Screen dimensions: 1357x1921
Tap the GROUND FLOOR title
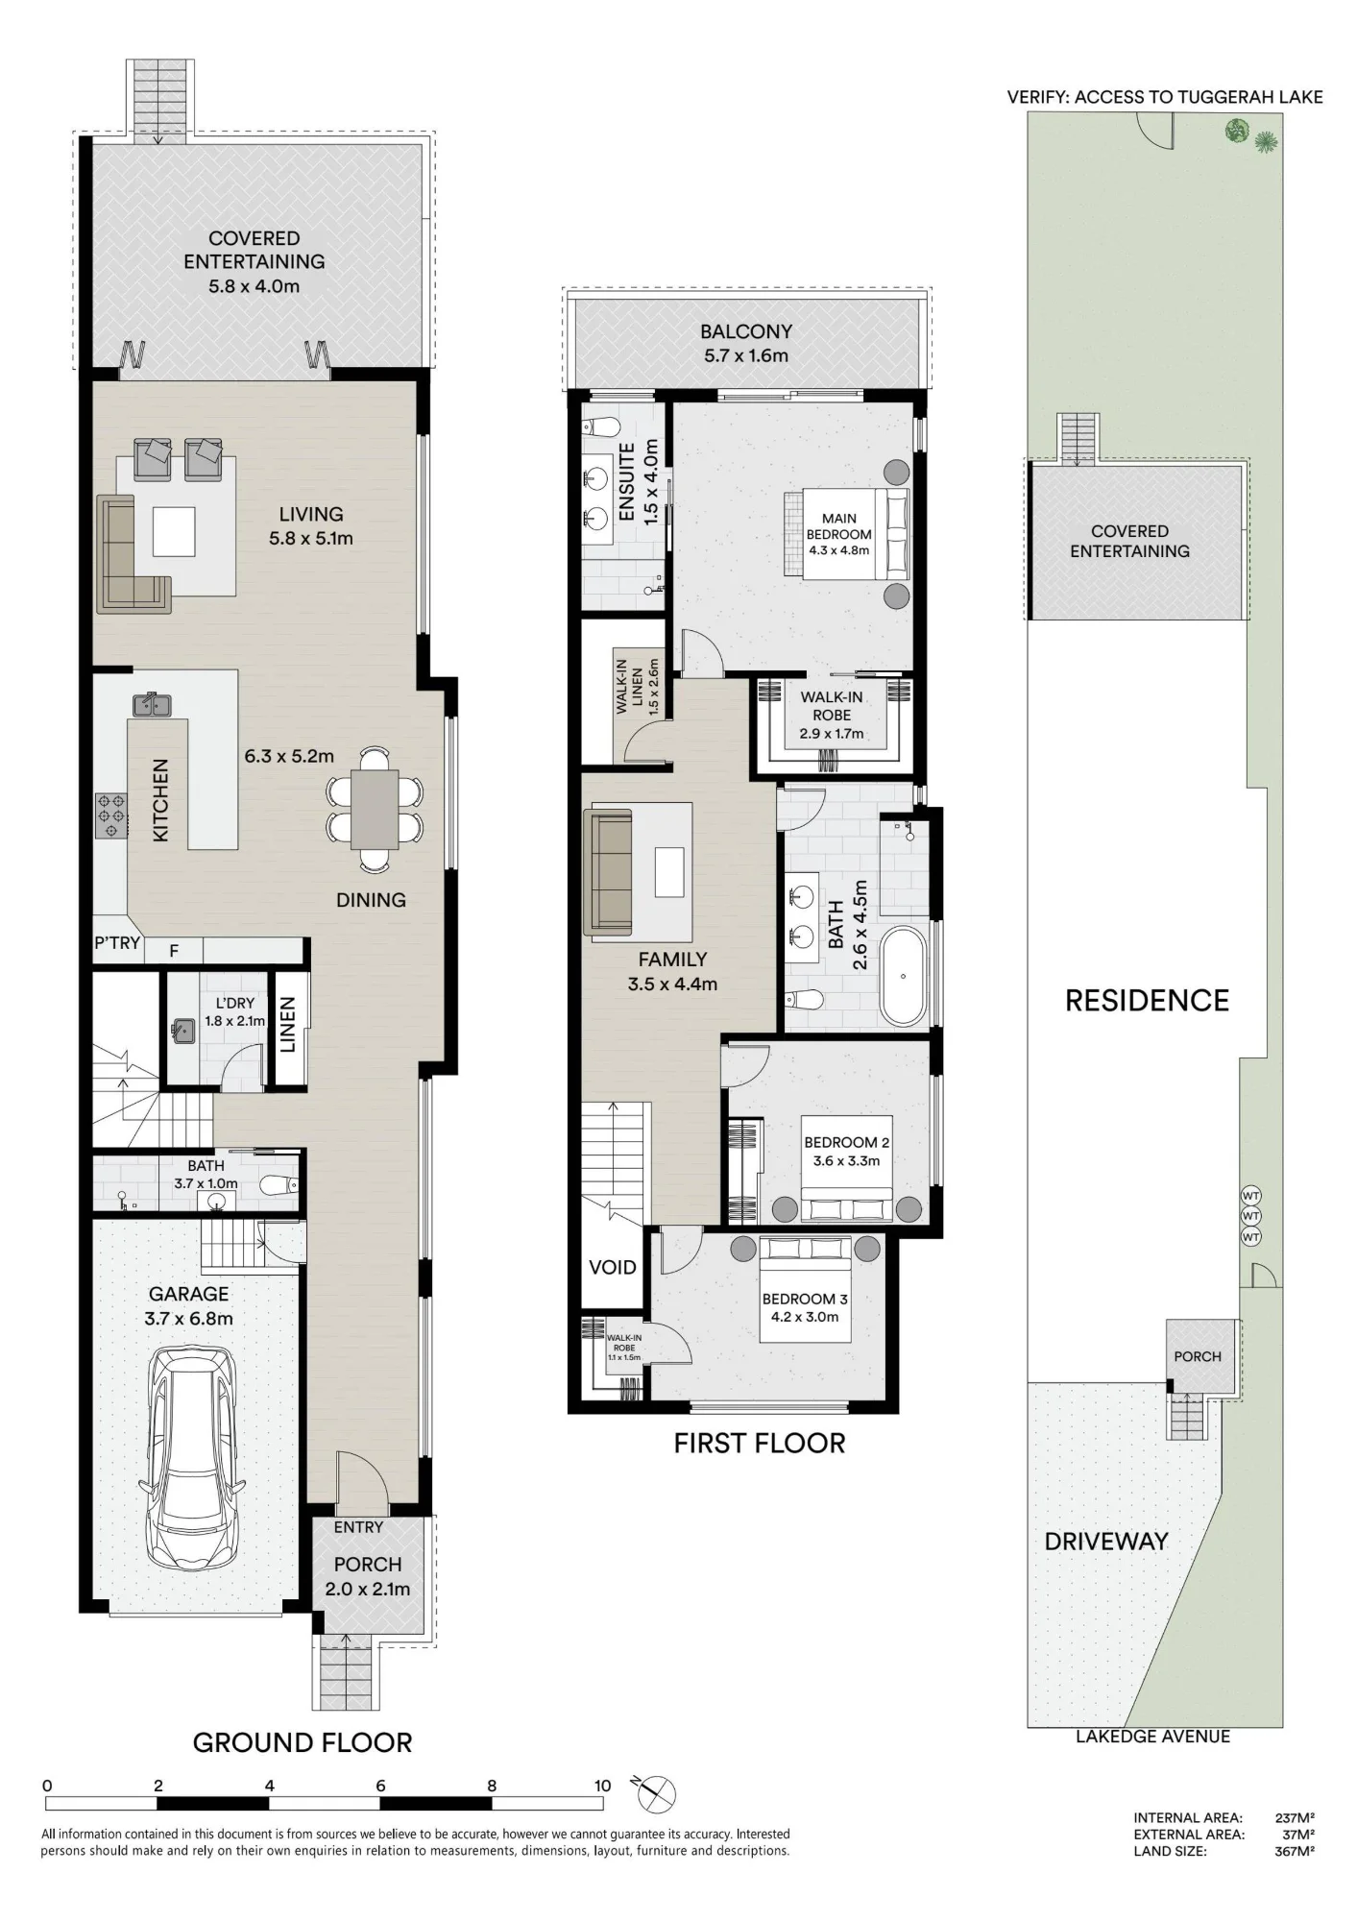tap(303, 1743)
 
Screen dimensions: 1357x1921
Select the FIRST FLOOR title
tap(760, 1444)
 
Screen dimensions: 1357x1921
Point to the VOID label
tap(613, 1267)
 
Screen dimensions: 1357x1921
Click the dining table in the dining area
tap(375, 809)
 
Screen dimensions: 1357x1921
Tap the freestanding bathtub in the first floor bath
tap(904, 976)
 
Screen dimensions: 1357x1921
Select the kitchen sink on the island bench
tap(152, 705)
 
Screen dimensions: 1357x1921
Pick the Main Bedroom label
tap(839, 534)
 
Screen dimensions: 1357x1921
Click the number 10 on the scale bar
tap(602, 1786)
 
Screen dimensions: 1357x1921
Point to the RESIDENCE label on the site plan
tap(1147, 1001)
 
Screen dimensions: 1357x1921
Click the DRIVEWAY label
tap(1106, 1542)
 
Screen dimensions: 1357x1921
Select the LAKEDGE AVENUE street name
tap(1152, 1737)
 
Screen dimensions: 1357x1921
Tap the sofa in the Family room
tap(608, 872)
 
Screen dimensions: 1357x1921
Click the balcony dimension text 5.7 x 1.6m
tap(746, 355)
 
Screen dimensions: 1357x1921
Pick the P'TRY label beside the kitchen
tap(117, 943)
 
